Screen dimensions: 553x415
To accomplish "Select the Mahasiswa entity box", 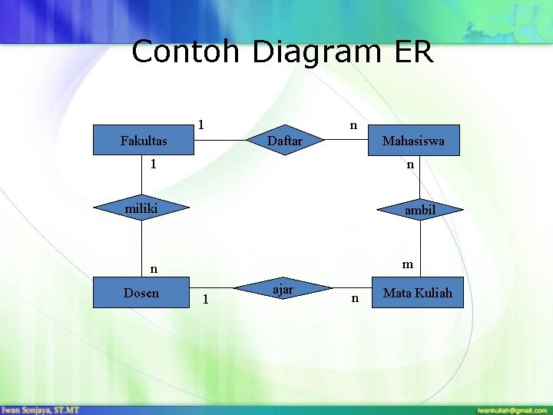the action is click(x=413, y=141).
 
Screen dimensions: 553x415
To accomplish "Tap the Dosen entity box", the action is click(x=141, y=292).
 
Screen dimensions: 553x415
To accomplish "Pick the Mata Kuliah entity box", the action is click(x=417, y=292).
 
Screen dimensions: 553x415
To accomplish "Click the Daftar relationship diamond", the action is click(x=284, y=141).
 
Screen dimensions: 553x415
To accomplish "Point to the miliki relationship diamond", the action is click(x=141, y=207).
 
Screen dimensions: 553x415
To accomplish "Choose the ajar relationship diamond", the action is click(x=284, y=289).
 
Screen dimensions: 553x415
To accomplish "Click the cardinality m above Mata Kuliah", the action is click(x=408, y=264).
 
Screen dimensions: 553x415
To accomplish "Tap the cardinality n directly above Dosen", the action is click(x=154, y=269).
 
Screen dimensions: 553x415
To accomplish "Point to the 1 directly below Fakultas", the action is click(x=154, y=164).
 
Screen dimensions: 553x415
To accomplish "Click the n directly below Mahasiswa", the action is click(x=410, y=164).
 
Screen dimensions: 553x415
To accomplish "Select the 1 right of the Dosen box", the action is click(x=204, y=299).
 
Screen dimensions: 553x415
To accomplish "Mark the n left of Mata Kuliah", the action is click(x=354, y=298).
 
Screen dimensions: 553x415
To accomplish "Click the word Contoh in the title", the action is click(x=187, y=52).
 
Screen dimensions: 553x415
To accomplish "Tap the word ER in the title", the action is click(x=415, y=52).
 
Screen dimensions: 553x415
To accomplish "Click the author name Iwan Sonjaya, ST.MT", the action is click(x=41, y=410).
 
